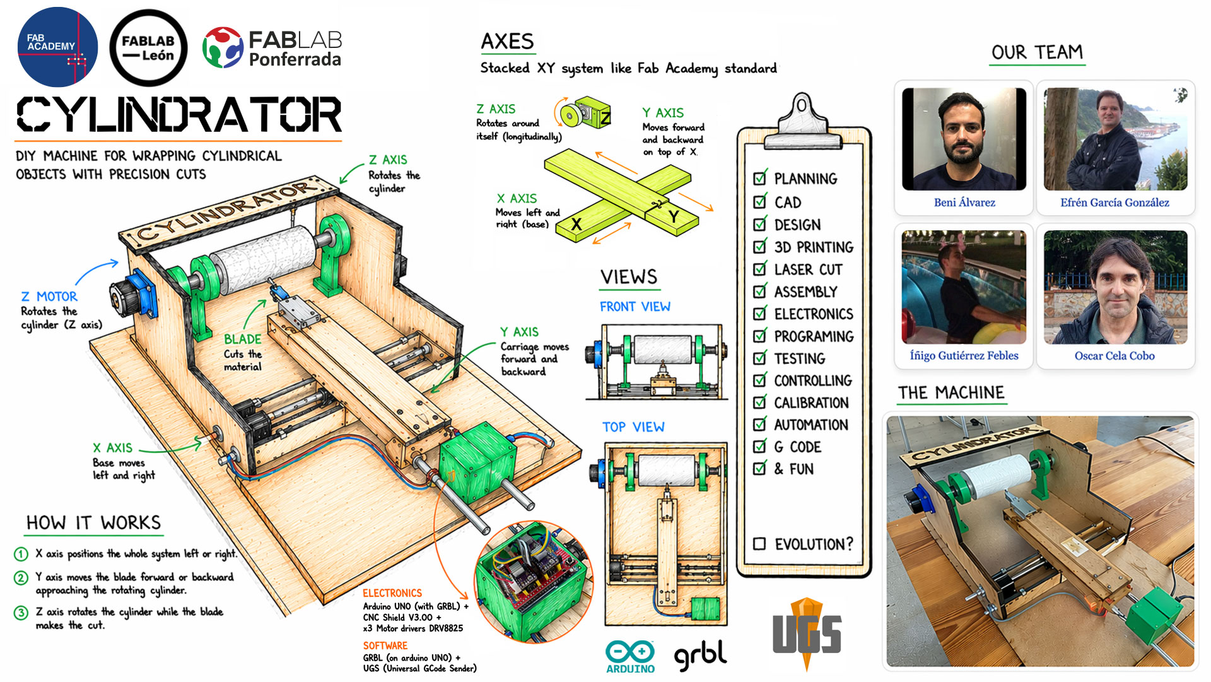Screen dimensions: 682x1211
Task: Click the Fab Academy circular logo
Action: (x=57, y=47)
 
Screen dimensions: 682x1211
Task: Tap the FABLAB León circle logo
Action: (x=148, y=48)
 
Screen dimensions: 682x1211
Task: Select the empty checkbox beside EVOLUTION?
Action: (x=759, y=544)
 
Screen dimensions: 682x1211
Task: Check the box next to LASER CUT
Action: (x=760, y=269)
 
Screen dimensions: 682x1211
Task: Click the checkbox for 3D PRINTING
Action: (x=760, y=247)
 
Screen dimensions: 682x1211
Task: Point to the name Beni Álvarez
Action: (x=964, y=203)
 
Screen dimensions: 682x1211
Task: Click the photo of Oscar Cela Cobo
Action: (x=1115, y=287)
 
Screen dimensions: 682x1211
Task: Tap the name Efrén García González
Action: (x=1114, y=203)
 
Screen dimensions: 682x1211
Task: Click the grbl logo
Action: (x=700, y=656)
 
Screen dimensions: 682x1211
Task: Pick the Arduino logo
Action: (x=630, y=657)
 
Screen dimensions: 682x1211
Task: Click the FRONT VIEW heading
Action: (x=635, y=307)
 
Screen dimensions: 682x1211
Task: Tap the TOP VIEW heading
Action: (x=633, y=427)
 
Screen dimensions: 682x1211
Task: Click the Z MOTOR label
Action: (x=49, y=297)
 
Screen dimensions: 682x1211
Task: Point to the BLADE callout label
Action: (x=242, y=339)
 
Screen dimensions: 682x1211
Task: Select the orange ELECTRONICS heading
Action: (x=392, y=593)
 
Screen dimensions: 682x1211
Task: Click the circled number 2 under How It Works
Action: (x=21, y=578)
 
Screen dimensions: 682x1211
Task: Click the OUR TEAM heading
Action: (x=1037, y=52)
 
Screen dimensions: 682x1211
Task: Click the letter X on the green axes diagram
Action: (x=576, y=224)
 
